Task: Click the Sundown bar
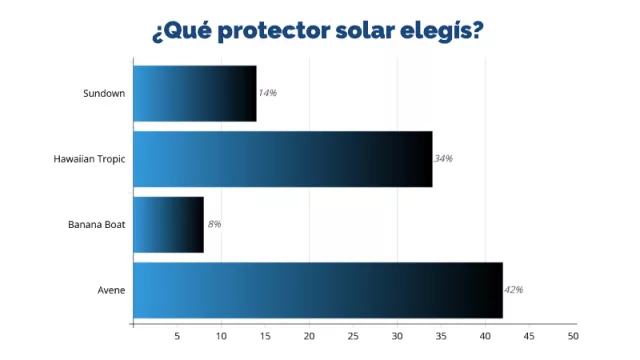(x=195, y=93)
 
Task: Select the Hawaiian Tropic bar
(x=283, y=159)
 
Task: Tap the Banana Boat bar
(x=168, y=224)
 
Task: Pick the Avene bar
(x=318, y=290)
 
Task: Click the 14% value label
(x=267, y=93)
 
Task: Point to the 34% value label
(x=443, y=159)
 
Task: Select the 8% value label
(x=214, y=224)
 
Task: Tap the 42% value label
(x=513, y=290)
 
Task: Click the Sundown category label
(x=104, y=93)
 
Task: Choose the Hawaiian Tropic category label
(x=89, y=159)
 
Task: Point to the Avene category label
(x=112, y=290)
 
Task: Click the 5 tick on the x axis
(x=177, y=335)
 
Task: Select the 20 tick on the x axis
(x=309, y=335)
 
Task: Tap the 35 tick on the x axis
(x=441, y=335)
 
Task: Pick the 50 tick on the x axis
(x=573, y=335)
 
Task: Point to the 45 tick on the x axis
(x=529, y=335)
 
